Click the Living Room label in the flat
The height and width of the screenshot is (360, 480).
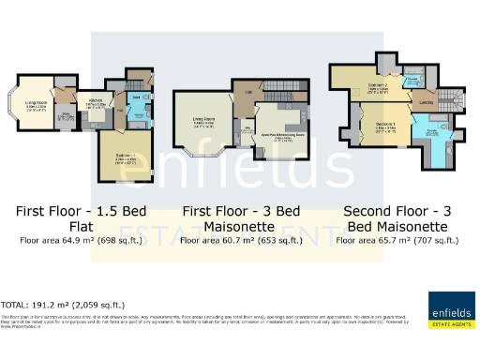tap(36, 104)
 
